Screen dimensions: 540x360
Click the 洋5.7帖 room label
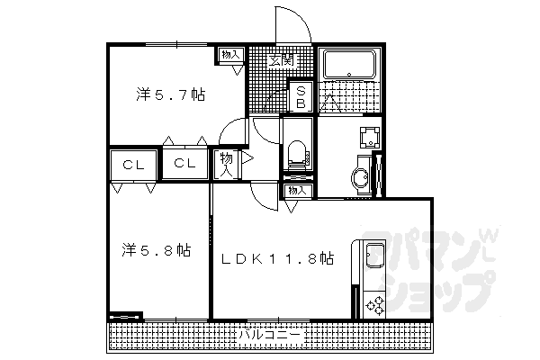click(x=170, y=94)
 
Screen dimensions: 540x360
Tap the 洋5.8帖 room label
click(x=157, y=249)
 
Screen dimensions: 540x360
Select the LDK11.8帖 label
click(x=278, y=259)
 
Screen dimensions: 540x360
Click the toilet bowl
click(x=298, y=153)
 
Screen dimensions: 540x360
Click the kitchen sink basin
click(x=373, y=257)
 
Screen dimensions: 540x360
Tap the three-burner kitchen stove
click(x=374, y=303)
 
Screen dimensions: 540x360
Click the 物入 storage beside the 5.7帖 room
click(x=231, y=55)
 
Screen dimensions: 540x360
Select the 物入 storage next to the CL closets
click(x=225, y=164)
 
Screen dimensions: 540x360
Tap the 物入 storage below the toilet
click(x=298, y=191)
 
